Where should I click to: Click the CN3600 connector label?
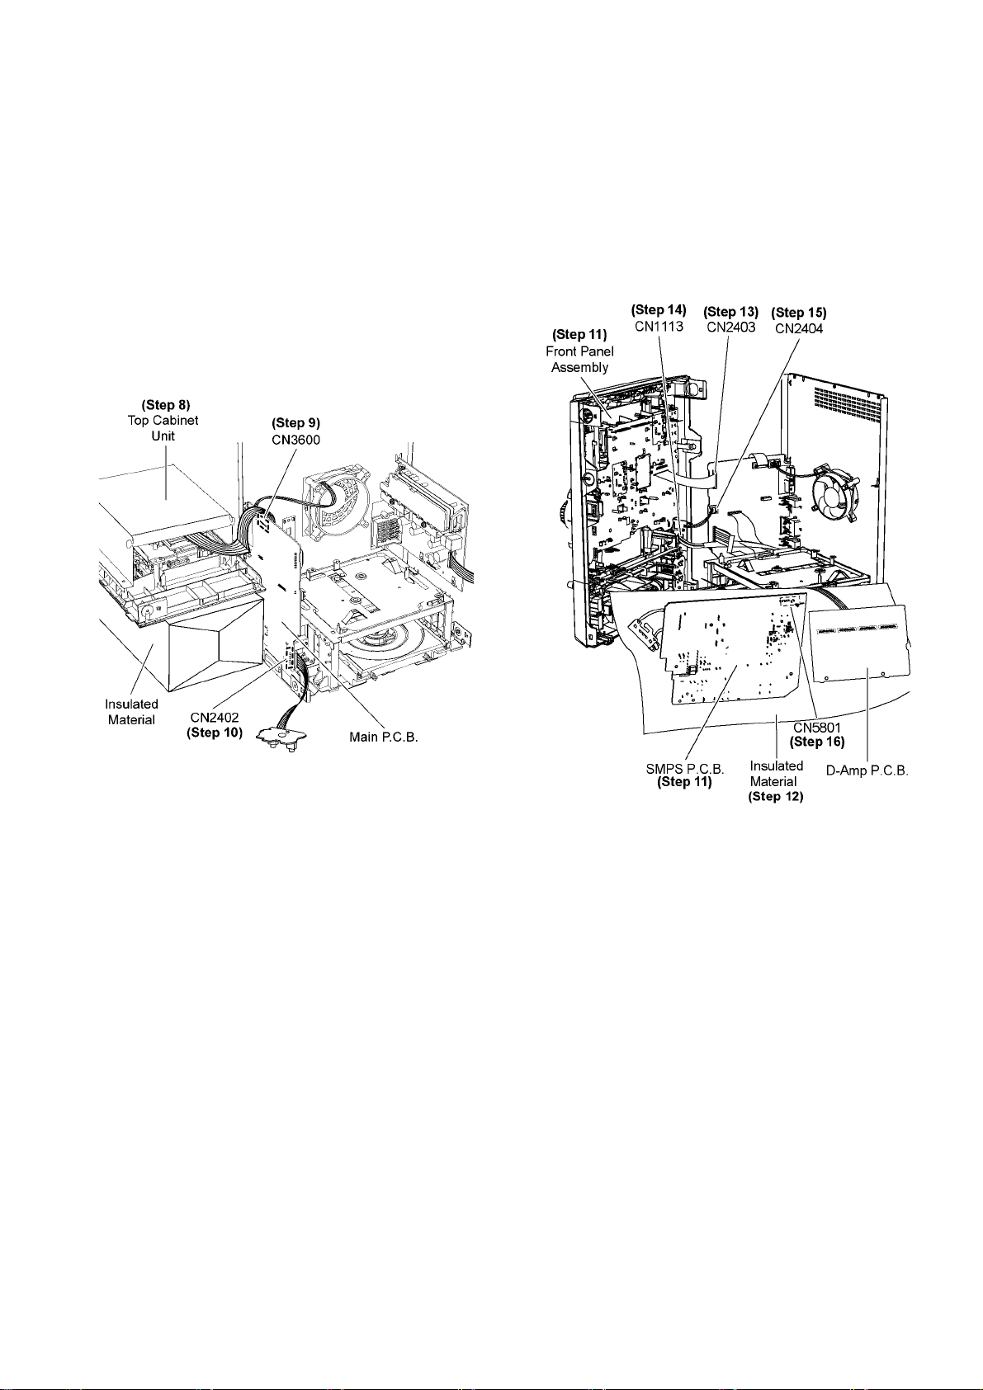pos(295,440)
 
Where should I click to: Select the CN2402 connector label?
pos(214,719)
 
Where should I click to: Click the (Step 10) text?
pos(215,733)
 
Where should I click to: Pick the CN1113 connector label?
pos(659,326)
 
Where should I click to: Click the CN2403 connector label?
pos(730,327)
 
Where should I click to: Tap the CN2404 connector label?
pos(798,328)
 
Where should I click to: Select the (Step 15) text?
pos(798,313)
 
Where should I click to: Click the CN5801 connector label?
pos(817,728)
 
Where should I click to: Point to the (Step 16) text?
pos(817,742)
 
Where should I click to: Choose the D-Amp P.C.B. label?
pos(867,770)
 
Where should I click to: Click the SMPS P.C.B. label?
pos(684,769)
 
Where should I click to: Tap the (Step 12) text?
pos(776,796)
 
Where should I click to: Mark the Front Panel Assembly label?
pos(579,359)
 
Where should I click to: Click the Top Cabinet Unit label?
pos(163,427)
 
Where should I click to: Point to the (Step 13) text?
pos(730,312)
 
